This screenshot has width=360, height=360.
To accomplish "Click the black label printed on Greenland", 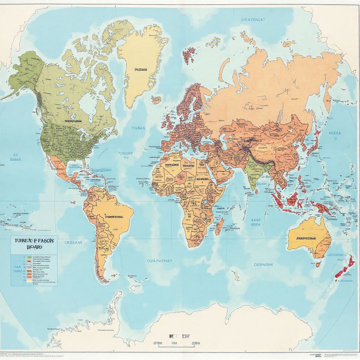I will point(141,70).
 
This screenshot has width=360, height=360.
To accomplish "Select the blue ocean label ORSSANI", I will point(73,242).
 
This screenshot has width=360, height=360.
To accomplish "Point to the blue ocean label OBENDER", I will point(263,264).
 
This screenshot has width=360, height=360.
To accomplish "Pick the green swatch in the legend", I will point(29,258).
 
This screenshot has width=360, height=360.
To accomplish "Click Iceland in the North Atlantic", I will point(156,100).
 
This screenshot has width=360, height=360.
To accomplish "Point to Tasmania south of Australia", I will point(318,264).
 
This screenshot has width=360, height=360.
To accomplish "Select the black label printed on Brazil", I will point(114,217).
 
